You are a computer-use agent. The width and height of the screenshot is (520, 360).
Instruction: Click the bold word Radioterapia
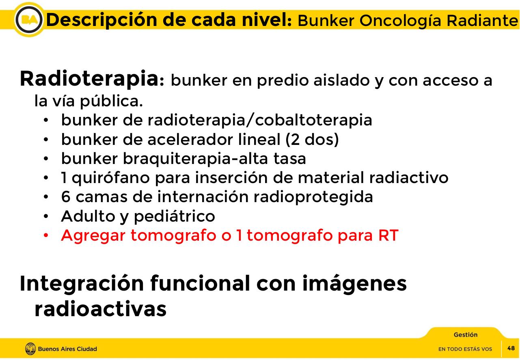click(x=89, y=79)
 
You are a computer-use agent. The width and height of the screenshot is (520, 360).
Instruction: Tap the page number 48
click(x=511, y=348)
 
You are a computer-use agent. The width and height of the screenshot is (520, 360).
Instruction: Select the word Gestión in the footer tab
click(x=465, y=335)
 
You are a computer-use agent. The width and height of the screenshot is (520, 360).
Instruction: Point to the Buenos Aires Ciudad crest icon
click(x=30, y=349)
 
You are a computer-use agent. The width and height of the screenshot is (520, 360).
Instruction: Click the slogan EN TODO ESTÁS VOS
click(x=465, y=349)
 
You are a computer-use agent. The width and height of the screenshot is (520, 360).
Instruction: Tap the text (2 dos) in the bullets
click(x=312, y=140)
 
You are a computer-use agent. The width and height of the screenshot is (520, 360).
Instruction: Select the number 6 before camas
click(x=65, y=197)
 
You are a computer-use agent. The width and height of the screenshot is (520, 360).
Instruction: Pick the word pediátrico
click(x=174, y=216)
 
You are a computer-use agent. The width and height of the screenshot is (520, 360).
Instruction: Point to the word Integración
click(x=82, y=283)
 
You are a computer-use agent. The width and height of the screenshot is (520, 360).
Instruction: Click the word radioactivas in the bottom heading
click(x=100, y=309)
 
